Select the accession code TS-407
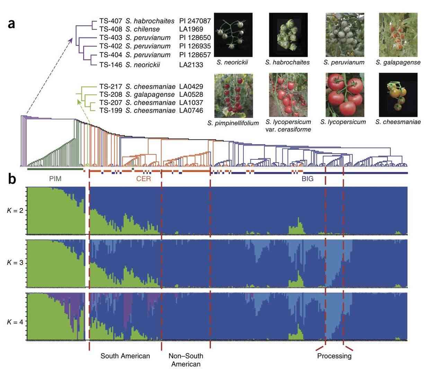click(x=110, y=21)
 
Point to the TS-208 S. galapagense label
click(x=137, y=95)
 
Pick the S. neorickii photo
click(x=233, y=35)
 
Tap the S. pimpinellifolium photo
click(x=233, y=95)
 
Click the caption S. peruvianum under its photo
click(x=344, y=62)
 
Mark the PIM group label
click(x=55, y=179)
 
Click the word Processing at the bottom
click(x=334, y=356)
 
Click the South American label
click(x=125, y=356)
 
